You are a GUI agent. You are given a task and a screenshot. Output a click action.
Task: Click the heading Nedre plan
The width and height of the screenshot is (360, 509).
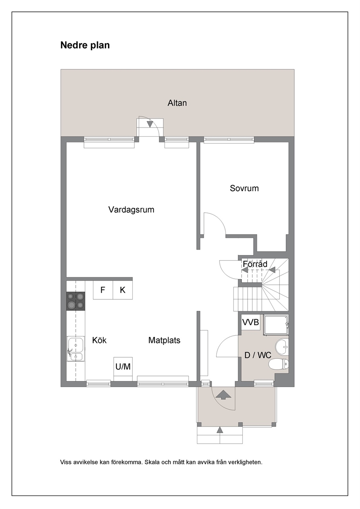pyautogui.click(x=85, y=45)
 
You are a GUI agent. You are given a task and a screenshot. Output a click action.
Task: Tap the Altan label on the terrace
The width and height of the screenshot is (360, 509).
pyautogui.click(x=177, y=103)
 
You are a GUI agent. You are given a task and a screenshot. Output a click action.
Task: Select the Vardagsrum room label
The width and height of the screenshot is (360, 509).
pyautogui.click(x=131, y=210)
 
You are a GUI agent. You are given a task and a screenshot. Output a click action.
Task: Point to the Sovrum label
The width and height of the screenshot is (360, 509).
pyautogui.click(x=244, y=188)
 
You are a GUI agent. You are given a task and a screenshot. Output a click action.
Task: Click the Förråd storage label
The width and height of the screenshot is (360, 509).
pyautogui.click(x=255, y=264)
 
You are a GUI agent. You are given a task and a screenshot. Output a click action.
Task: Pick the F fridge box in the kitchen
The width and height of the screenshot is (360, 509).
pyautogui.click(x=103, y=290)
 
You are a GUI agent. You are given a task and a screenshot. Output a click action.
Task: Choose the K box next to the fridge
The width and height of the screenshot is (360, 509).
pyautogui.click(x=123, y=290)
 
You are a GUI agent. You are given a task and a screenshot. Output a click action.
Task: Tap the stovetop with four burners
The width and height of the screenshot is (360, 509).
pyautogui.click(x=76, y=301)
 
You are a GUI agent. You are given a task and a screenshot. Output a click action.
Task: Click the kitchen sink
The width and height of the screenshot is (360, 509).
pyautogui.click(x=76, y=349)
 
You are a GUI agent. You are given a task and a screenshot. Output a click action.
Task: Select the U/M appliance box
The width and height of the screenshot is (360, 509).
pyautogui.click(x=123, y=366)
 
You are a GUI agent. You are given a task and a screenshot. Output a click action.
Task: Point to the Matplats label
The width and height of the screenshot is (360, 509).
pyautogui.click(x=164, y=340)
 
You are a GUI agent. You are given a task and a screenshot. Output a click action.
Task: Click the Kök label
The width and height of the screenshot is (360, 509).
pyautogui.click(x=99, y=340)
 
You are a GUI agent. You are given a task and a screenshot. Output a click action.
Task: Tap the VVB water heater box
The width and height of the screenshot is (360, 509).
pyautogui.click(x=250, y=322)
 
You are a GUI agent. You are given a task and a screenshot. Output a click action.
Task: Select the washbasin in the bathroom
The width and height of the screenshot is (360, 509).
pyautogui.click(x=282, y=347)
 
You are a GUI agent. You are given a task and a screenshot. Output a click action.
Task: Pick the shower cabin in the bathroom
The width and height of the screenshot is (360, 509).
pyautogui.click(x=276, y=325)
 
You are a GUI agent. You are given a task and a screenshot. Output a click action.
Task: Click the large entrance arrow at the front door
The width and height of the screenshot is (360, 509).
pyautogui.click(x=223, y=395)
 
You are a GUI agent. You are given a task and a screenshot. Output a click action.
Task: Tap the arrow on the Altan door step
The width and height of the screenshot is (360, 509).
pyautogui.click(x=150, y=124)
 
